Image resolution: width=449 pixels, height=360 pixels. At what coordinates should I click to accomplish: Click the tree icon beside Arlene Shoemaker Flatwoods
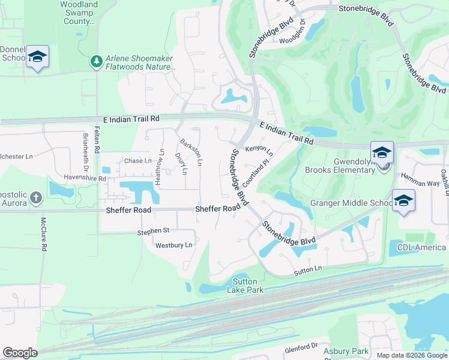[95, 61]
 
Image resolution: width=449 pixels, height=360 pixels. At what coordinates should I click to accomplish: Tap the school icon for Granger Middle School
[403, 201]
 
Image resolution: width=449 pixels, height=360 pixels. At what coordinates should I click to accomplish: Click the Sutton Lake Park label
[244, 286]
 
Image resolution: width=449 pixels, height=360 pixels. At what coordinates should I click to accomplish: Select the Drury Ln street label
[181, 163]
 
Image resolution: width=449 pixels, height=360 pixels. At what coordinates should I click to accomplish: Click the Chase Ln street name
[137, 161]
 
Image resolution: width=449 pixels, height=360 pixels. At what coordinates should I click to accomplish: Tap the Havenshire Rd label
[85, 178]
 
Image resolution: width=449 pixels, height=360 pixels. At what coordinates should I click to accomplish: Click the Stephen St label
[153, 230]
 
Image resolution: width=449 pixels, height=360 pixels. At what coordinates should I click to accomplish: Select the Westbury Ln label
[173, 245]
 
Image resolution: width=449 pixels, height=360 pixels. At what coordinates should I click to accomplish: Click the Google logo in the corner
[20, 353]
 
